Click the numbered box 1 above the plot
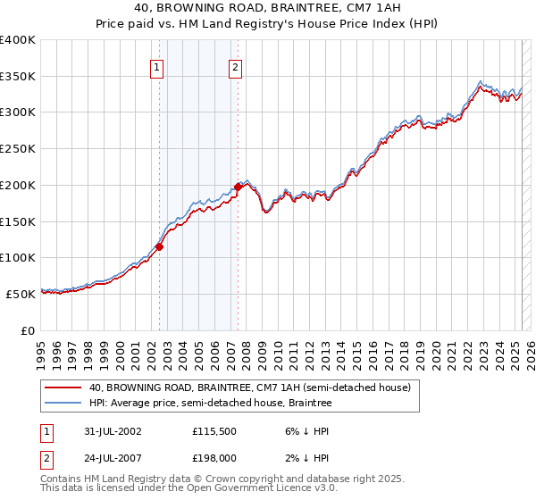[156, 66]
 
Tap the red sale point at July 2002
[160, 246]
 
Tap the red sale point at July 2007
[239, 187]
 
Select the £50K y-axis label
[21, 294]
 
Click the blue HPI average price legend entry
[210, 404]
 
